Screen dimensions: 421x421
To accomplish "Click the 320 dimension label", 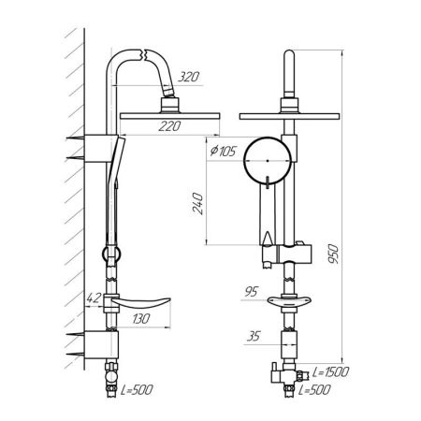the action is [x=188, y=77].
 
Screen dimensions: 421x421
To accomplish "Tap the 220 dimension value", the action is [x=169, y=126].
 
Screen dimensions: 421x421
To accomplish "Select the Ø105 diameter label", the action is [x=224, y=152].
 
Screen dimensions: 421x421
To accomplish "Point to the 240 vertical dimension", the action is [x=197, y=204].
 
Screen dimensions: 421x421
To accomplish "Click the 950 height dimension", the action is [x=333, y=254].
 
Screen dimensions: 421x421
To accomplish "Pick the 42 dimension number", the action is [x=94, y=298].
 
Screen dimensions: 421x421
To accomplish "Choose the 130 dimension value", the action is [x=141, y=319].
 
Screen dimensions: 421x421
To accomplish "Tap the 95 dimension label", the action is [x=251, y=292].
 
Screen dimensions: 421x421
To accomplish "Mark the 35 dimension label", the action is [x=253, y=337].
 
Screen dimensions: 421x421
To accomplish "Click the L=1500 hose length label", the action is [x=330, y=372].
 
